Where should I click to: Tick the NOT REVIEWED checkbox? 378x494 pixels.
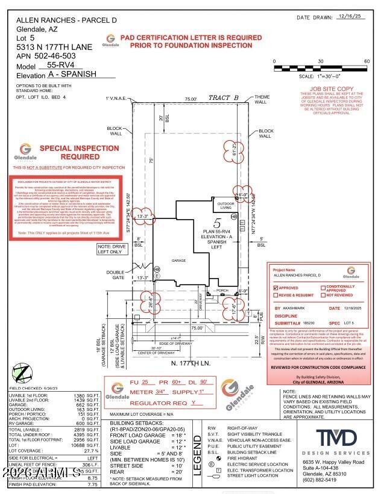[323, 295]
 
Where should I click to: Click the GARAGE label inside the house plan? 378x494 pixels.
[178, 261]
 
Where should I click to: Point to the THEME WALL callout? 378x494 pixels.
[262, 99]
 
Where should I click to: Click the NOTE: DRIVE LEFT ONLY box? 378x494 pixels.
[112, 249]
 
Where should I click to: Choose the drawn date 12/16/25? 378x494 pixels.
[350, 17]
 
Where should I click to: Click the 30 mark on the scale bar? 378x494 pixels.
[320, 61]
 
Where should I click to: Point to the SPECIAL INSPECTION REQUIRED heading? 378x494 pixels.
[71, 152]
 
